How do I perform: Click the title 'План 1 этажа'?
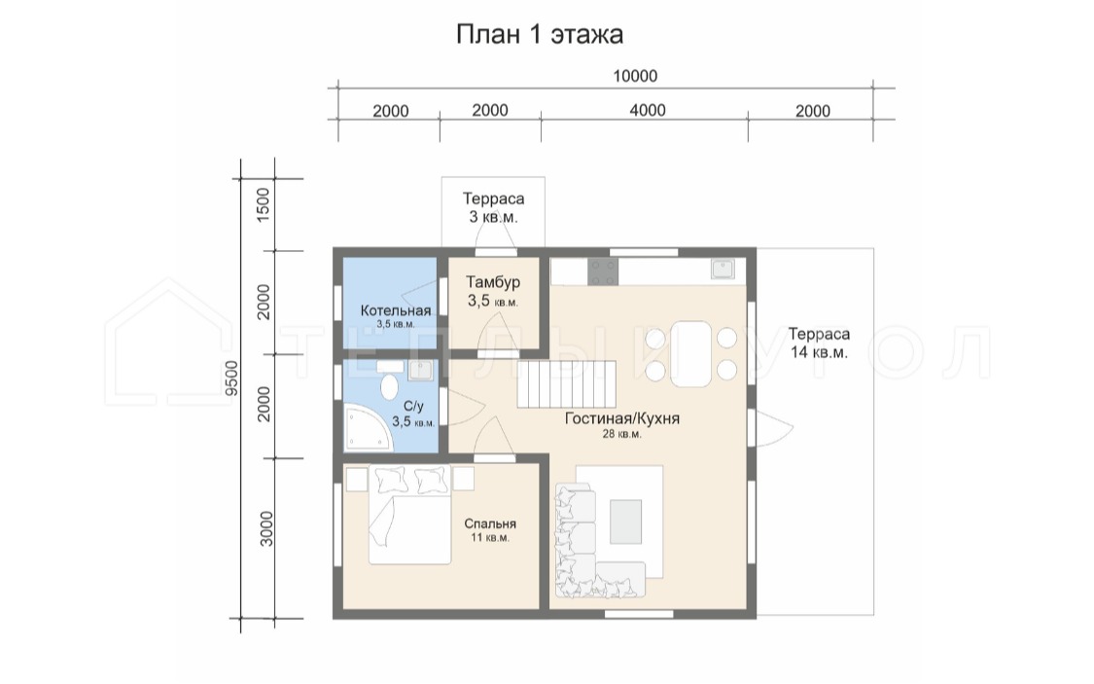coord(540,34)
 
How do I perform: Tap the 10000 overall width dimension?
coord(635,75)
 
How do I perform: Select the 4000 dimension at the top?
coord(648,110)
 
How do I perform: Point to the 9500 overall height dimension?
coord(232,378)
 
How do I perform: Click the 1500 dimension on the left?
coord(263,204)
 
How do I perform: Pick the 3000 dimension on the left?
coord(265,528)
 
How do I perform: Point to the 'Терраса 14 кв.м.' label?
coord(819,342)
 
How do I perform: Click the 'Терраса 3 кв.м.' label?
coord(493,207)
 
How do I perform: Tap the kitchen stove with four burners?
coord(603,271)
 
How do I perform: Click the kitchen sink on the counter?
coord(723,269)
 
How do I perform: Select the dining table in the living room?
coord(690,354)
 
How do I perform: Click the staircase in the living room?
coord(567,384)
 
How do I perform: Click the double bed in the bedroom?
coord(409,516)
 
